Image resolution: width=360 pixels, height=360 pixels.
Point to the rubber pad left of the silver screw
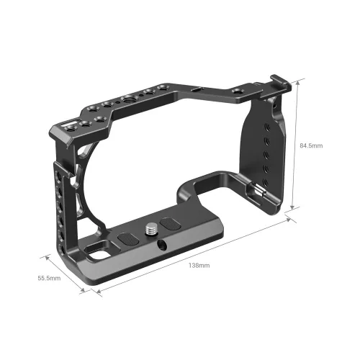125,237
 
